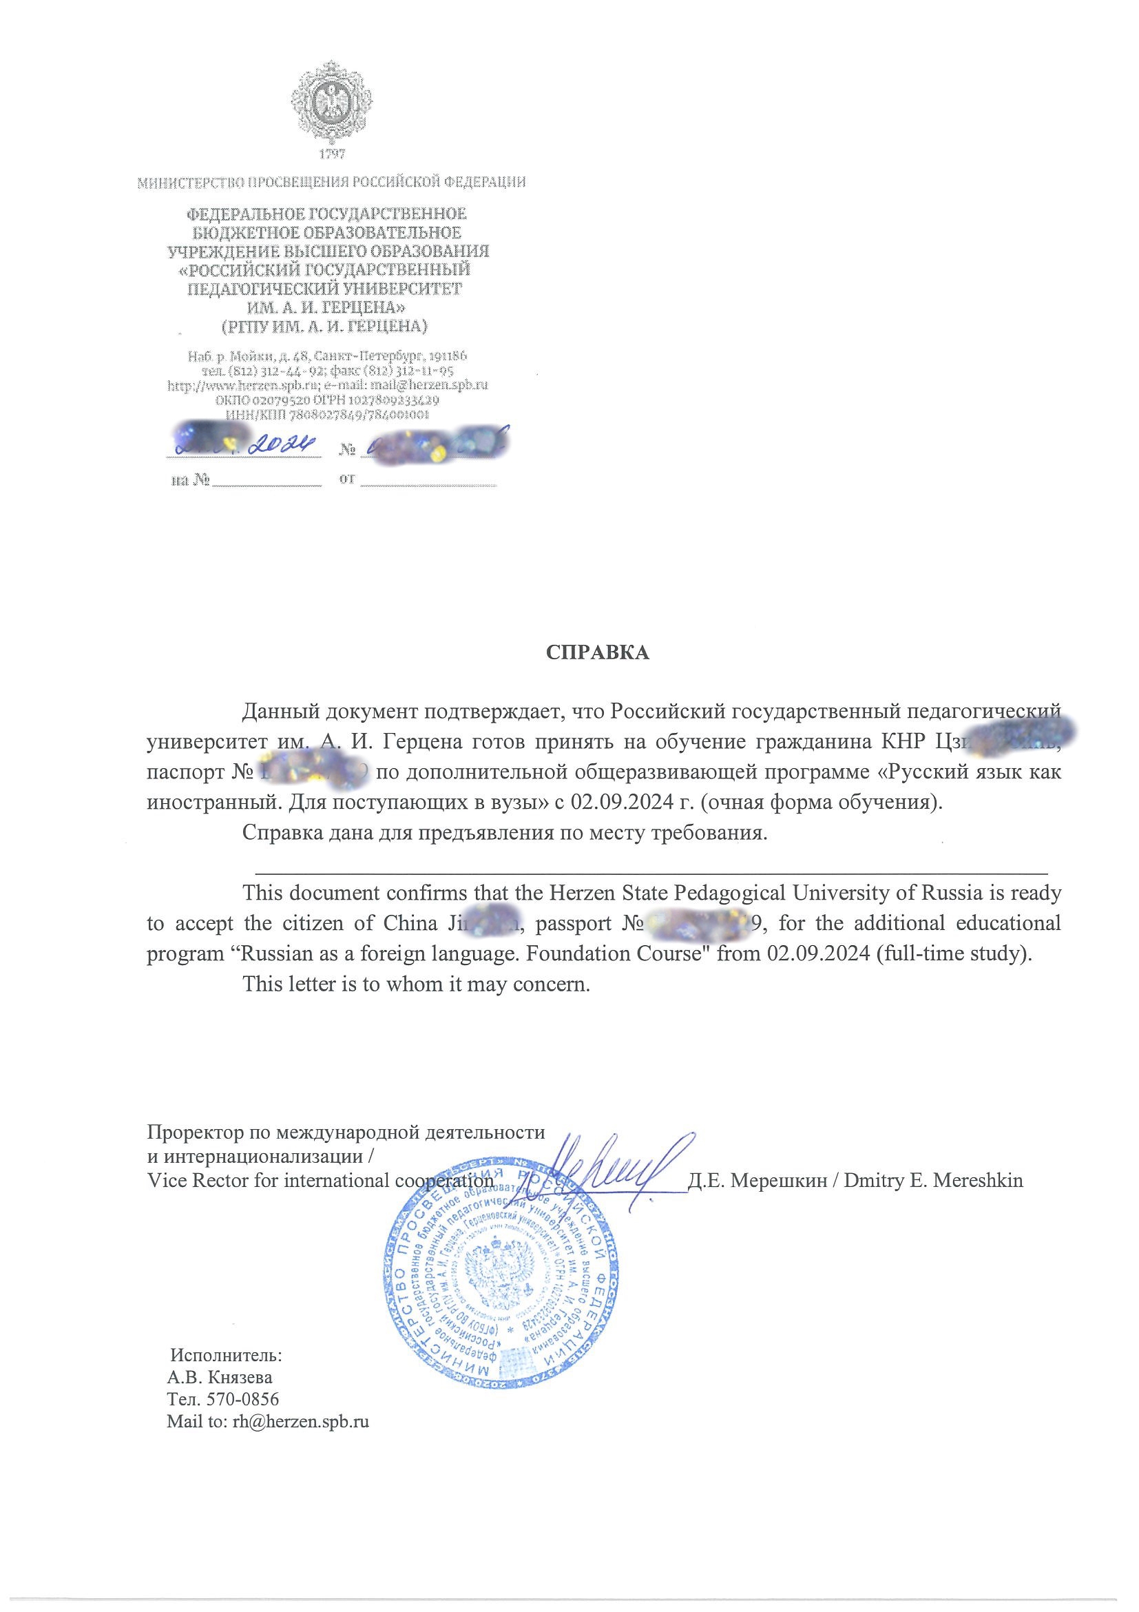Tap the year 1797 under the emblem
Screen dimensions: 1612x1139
[x=331, y=154]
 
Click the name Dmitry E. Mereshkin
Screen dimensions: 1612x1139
[x=933, y=1181]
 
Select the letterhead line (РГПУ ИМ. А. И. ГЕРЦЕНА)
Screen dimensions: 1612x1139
[x=324, y=327]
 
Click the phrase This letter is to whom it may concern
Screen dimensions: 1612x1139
[x=415, y=984]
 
